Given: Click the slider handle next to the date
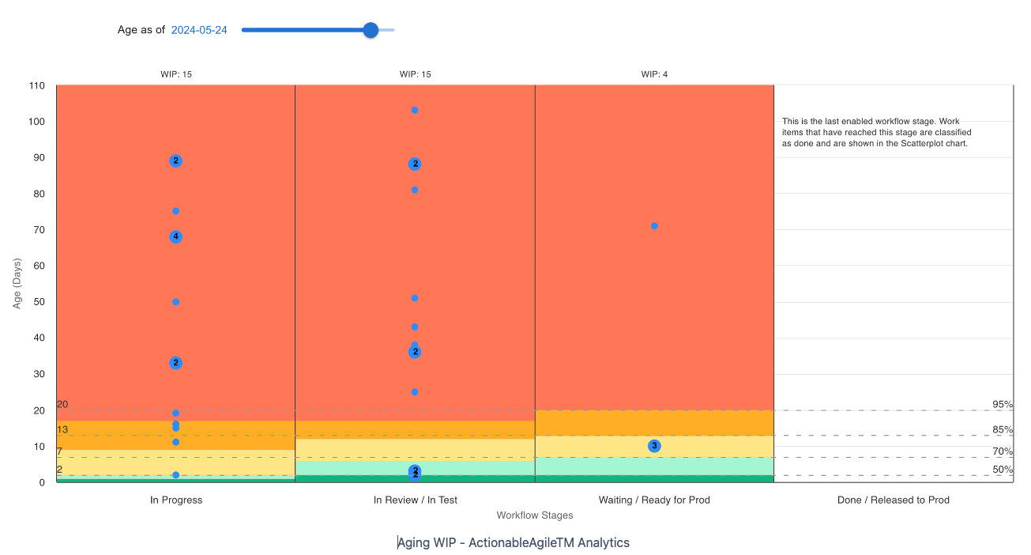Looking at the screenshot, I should pos(371,30).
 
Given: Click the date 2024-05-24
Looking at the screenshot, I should pos(199,30).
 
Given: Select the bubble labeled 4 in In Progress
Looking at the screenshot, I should pos(175,236).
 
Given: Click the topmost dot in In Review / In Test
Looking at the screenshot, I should pos(415,110).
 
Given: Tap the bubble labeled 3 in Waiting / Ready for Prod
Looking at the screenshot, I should pos(654,446).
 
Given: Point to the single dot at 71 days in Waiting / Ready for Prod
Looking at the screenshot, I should pos(654,226).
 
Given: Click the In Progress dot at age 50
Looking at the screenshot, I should pos(175,302).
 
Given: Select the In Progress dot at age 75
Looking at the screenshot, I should pos(175,211).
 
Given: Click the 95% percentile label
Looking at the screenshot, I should pos(1003,405).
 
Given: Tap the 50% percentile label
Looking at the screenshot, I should pos(1003,470).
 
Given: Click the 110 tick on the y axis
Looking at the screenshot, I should pos(36,85).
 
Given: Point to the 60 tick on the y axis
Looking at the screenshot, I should pos(39,266).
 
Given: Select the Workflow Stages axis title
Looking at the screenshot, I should pos(535,515).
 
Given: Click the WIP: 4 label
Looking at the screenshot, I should pos(654,74).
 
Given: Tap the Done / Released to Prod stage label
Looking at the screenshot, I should pos(893,500).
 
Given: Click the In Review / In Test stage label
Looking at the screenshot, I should pos(415,500).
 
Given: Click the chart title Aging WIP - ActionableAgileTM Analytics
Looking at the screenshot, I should pos(514,542).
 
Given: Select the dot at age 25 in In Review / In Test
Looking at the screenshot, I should pos(415,392).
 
